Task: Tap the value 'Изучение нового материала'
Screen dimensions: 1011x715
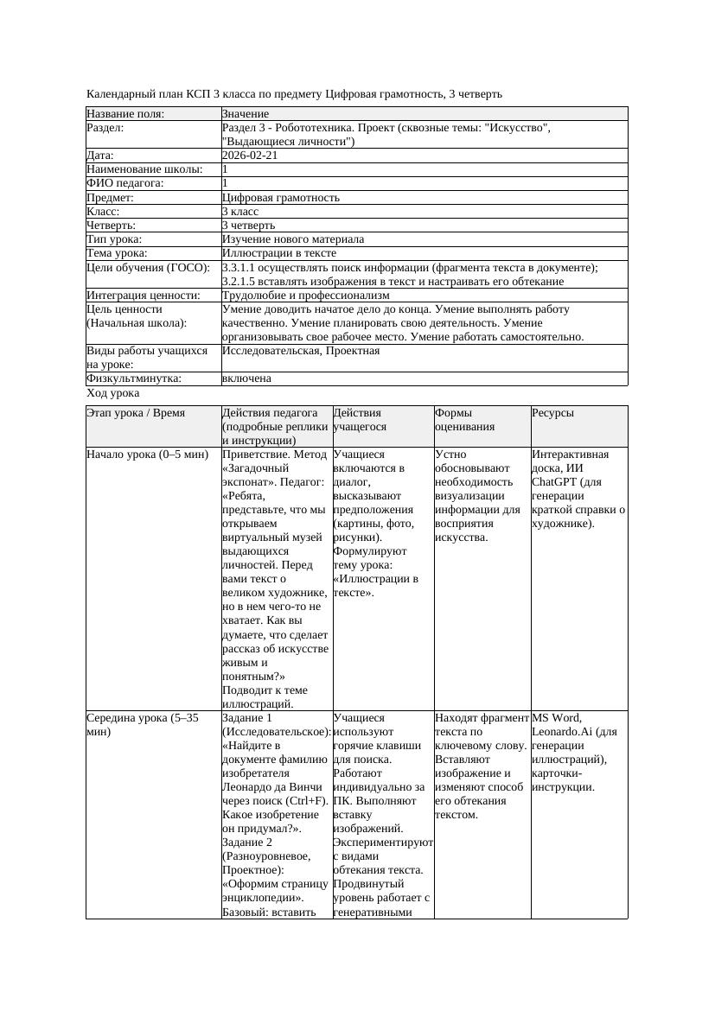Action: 292,239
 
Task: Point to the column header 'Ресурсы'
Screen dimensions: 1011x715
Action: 552,413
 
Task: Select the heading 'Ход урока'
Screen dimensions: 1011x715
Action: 112,393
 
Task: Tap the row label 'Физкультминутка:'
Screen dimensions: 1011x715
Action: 133,378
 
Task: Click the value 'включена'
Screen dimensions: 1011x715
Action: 246,378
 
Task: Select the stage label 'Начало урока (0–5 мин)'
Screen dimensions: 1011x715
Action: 147,454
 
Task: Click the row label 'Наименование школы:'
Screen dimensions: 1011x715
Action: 144,169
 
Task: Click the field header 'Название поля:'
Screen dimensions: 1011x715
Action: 125,114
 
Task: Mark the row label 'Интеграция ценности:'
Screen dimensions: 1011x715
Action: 143,296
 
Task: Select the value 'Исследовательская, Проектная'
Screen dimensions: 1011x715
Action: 300,351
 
